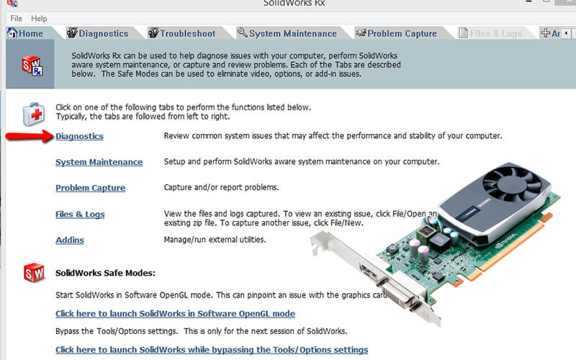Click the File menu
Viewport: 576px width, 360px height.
[16, 18]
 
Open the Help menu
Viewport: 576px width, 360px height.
[40, 18]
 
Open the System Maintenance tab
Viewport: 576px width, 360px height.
[287, 33]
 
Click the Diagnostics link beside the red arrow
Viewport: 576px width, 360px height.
[79, 136]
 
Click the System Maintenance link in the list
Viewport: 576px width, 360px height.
[99, 162]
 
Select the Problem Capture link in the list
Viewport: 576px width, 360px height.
[90, 188]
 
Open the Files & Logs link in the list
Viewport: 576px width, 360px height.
[80, 214]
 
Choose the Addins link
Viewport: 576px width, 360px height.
[70, 240]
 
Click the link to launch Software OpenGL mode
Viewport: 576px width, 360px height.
[175, 314]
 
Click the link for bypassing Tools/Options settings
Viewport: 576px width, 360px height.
[212, 350]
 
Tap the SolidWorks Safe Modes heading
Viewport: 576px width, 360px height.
[105, 273]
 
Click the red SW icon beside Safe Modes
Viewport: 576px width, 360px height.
[34, 273]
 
